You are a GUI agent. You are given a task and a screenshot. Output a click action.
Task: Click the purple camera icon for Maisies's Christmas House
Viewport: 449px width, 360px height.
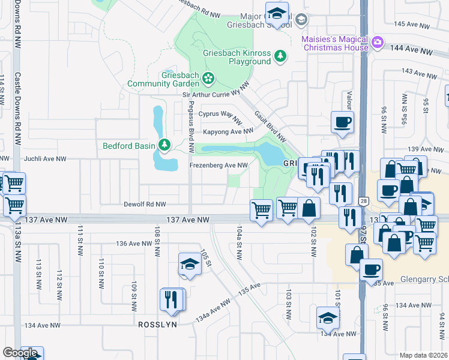coord(377,42)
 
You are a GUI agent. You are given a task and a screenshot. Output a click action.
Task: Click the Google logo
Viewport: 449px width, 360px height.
coord(20,353)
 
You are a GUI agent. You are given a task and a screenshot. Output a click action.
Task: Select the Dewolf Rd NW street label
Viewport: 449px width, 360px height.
coord(145,204)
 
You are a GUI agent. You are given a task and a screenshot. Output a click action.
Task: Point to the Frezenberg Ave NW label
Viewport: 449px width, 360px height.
coord(218,165)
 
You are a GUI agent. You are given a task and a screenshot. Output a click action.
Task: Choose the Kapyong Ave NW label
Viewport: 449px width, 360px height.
coord(228,131)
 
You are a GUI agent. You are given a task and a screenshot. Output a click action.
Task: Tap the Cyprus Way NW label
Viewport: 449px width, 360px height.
coord(220,113)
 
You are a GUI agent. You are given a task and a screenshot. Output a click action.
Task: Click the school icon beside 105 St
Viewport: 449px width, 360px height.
coord(189,264)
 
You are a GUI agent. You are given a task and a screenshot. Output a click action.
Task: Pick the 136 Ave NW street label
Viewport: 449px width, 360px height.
coord(133,244)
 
